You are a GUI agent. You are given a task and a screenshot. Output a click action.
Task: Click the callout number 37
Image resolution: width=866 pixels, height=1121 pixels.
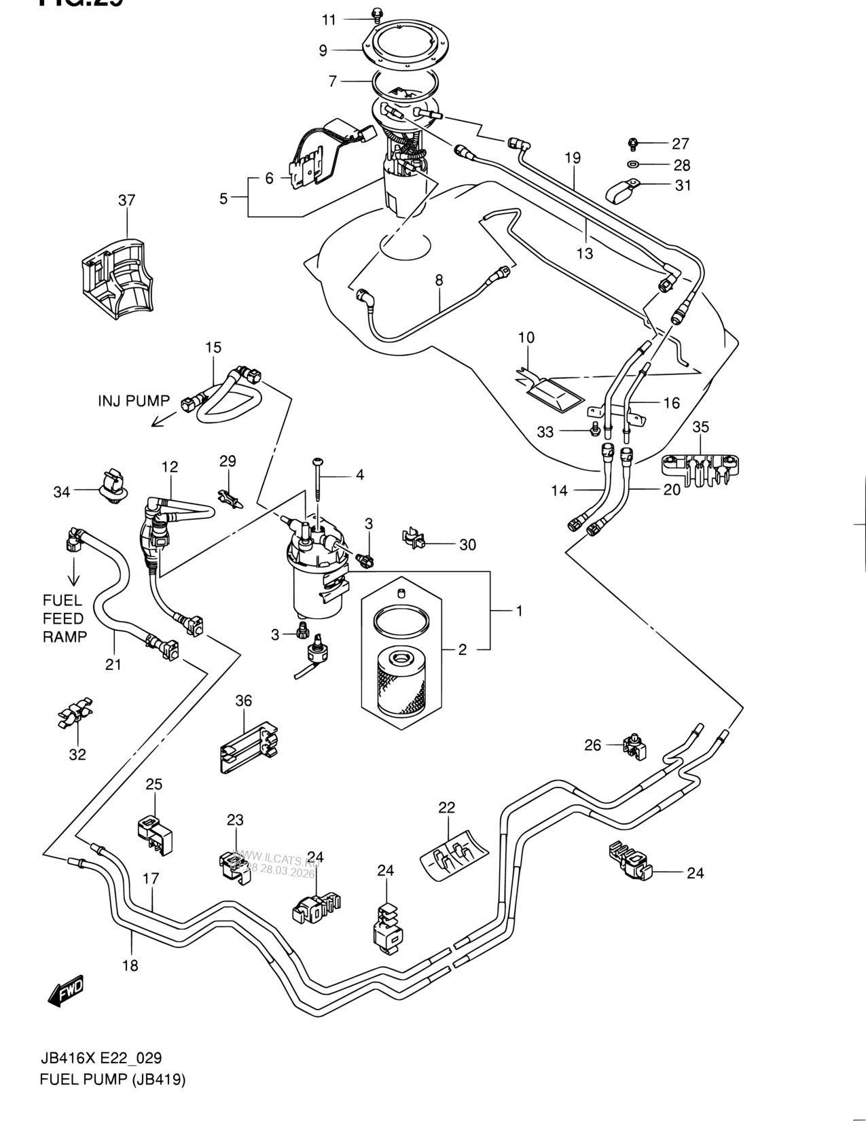(126, 200)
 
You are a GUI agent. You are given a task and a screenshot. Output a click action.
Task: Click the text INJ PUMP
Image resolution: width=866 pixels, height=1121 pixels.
(133, 401)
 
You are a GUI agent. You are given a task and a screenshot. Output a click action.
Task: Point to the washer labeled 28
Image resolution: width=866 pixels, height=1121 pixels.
(632, 164)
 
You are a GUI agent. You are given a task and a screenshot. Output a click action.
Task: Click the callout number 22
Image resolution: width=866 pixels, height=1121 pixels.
(446, 807)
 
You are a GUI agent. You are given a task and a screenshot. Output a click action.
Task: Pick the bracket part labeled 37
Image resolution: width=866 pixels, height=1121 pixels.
(113, 275)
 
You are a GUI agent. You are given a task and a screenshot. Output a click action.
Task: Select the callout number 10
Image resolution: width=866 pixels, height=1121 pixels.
(526, 338)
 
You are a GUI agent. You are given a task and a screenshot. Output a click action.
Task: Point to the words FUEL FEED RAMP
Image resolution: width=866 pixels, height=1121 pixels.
(65, 618)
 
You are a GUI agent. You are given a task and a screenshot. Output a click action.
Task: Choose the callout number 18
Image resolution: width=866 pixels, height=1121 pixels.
(130, 965)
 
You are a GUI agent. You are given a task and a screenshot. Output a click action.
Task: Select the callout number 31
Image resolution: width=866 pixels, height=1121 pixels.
(682, 185)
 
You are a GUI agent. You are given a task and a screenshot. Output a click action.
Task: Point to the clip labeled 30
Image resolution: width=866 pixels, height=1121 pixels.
(414, 539)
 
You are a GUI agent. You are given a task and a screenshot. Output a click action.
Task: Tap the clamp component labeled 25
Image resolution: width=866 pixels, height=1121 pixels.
(154, 831)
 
